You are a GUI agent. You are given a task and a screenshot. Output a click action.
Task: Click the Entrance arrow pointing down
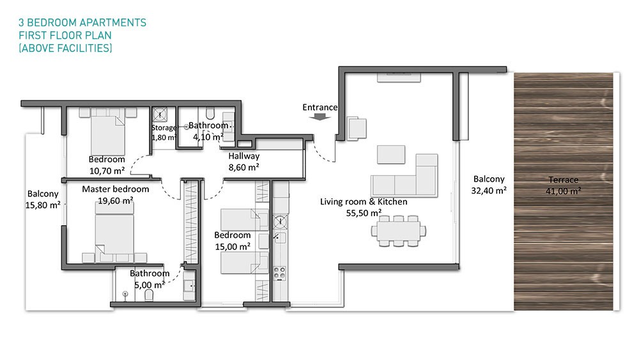(x=320, y=116)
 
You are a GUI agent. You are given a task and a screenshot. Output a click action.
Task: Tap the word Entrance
(x=320, y=107)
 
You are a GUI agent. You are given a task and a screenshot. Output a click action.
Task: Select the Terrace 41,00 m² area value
(x=563, y=191)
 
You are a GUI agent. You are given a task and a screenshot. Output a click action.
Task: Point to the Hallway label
(x=243, y=156)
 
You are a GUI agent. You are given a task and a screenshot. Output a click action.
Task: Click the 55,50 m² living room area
(x=364, y=213)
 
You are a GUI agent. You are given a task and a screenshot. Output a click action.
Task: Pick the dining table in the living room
(x=399, y=231)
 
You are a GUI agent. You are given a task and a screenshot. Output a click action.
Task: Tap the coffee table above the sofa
(x=391, y=154)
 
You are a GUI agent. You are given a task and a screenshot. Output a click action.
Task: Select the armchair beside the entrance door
(x=356, y=129)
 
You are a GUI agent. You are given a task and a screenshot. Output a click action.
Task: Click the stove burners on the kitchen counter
(x=280, y=273)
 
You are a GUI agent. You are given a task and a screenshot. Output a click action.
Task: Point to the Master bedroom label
(x=115, y=189)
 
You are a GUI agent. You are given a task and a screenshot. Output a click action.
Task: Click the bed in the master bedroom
(x=114, y=232)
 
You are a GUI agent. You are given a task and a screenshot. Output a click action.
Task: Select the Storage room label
(x=164, y=128)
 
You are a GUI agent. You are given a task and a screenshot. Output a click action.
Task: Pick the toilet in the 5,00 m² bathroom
(x=149, y=295)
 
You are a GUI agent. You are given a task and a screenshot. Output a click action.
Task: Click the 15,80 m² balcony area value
(x=43, y=205)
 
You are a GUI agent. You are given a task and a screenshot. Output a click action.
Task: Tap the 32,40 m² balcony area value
(x=489, y=191)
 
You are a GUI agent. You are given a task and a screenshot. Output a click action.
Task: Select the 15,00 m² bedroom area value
(x=233, y=247)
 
